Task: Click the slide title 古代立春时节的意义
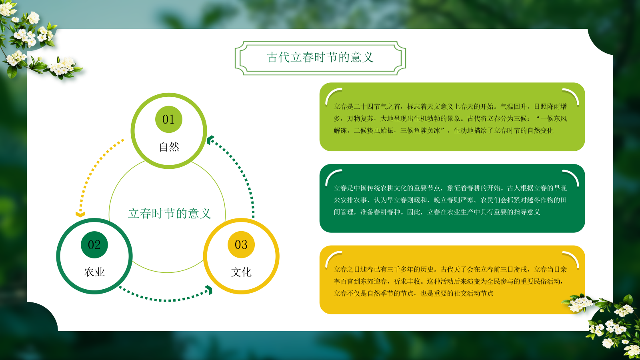click(320, 58)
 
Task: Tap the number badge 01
click(168, 119)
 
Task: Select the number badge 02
click(94, 244)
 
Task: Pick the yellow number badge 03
click(241, 244)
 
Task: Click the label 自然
click(169, 147)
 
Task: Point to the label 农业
click(94, 272)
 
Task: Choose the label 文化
click(241, 272)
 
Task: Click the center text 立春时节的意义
click(169, 213)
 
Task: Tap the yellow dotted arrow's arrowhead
click(80, 214)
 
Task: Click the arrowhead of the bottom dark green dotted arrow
click(209, 290)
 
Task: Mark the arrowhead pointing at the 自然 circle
click(210, 140)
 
